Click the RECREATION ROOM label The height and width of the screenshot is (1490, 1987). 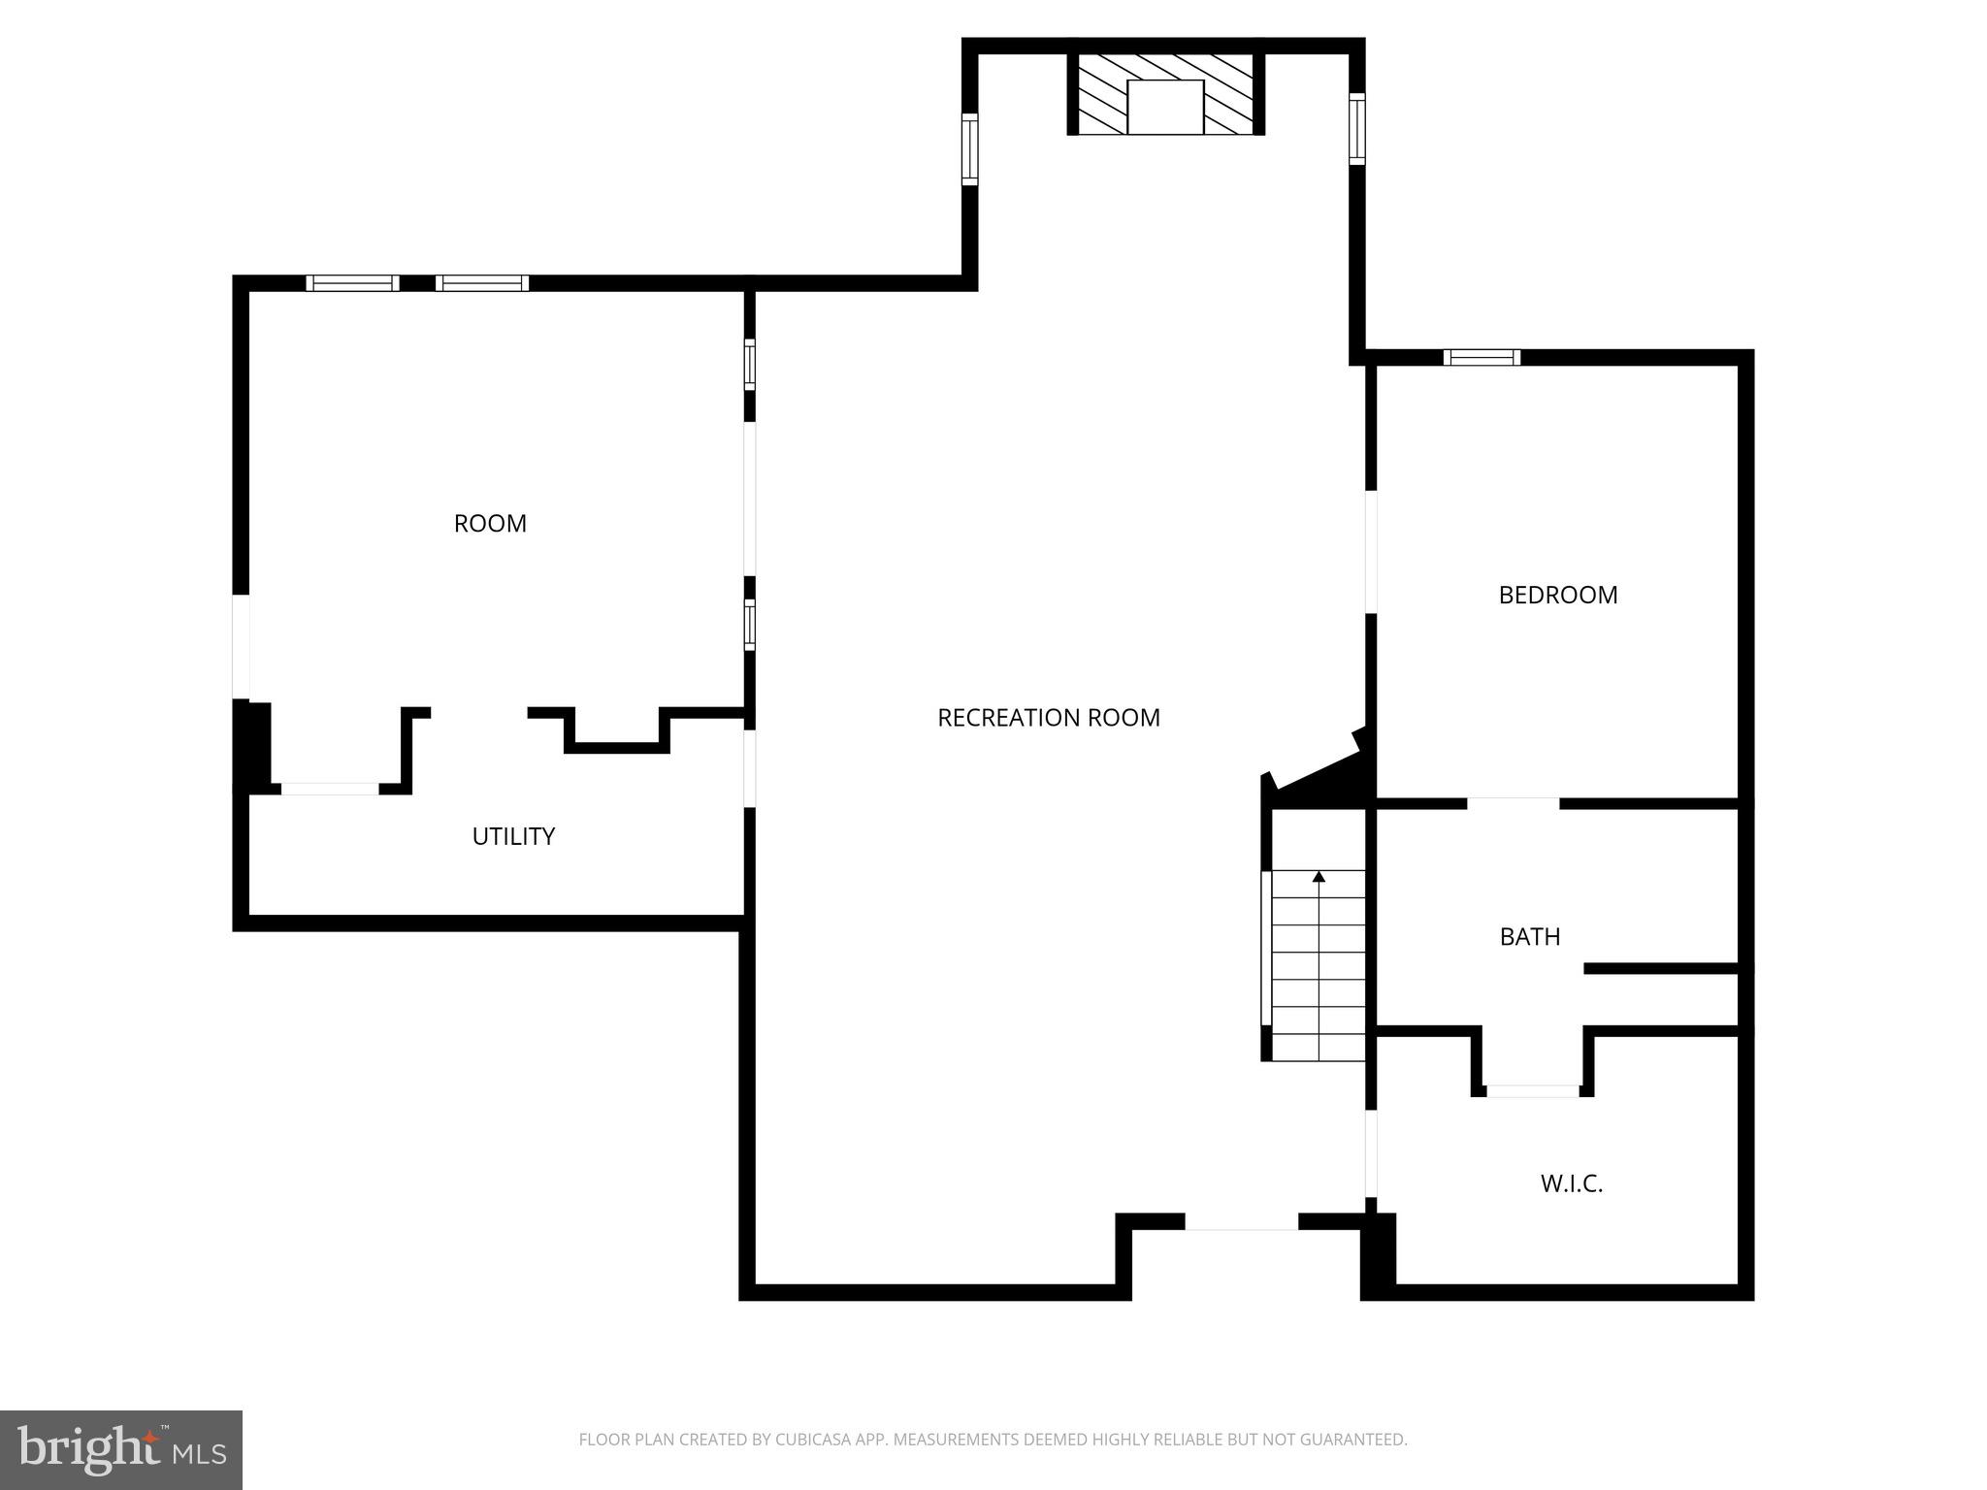pos(1048,718)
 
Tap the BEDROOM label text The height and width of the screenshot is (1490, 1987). pos(1557,595)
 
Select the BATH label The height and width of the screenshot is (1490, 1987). pos(1529,936)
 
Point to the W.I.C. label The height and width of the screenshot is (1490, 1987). pos(1571,1183)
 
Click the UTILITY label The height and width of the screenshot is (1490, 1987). pos(513,836)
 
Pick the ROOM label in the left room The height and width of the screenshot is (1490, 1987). pos(490,524)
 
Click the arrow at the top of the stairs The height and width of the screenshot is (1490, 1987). pos(1319,877)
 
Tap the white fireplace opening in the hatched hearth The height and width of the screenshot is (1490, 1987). pos(1165,107)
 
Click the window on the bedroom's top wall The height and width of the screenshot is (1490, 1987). pos(1482,357)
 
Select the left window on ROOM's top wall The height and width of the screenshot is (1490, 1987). pos(352,283)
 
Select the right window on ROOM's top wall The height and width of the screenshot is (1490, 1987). pos(482,283)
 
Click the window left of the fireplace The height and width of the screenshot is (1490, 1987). pos(969,148)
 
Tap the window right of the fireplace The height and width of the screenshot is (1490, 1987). pos(1357,128)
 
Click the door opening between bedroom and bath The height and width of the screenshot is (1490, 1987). pos(1513,802)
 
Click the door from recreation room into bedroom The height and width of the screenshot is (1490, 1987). pos(1371,552)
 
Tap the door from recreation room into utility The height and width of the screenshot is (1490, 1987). pos(749,768)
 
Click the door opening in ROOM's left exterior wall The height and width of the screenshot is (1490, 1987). pos(241,646)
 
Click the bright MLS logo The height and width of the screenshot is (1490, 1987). pos(121,1449)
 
